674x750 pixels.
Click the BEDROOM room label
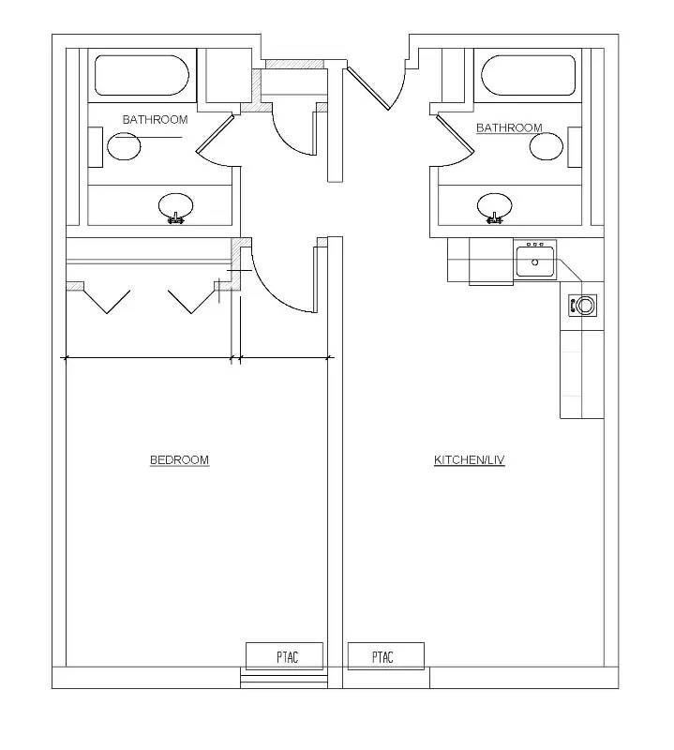(179, 459)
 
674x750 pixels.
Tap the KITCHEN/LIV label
(470, 459)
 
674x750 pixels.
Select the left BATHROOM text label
(155, 120)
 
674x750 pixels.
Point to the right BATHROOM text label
(509, 127)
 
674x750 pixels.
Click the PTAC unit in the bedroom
(285, 656)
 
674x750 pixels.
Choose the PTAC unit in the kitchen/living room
(385, 656)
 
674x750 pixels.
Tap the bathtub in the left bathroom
(142, 75)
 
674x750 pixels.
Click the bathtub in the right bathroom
(528, 75)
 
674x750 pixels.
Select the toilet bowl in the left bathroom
(124, 146)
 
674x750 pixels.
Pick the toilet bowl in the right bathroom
(547, 146)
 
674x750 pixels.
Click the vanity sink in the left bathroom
(176, 207)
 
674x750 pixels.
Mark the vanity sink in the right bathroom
(495, 207)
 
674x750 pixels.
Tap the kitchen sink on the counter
(535, 261)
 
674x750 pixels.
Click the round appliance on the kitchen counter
(583, 305)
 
